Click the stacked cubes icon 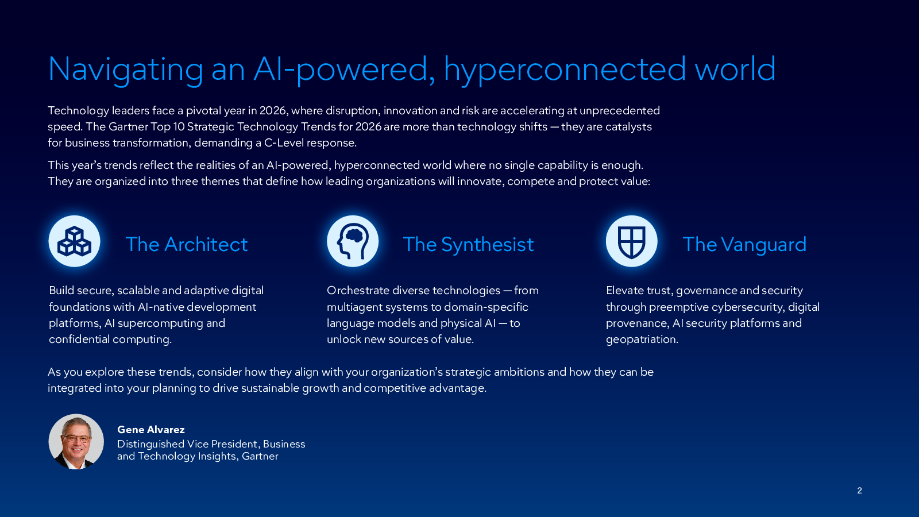74,241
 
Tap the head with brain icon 353,242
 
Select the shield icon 631,242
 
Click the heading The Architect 187,245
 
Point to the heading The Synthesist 468,245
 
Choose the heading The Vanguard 744,245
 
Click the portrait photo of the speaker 76,442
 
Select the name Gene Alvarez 151,430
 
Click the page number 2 859,491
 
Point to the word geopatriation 642,339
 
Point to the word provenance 637,324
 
